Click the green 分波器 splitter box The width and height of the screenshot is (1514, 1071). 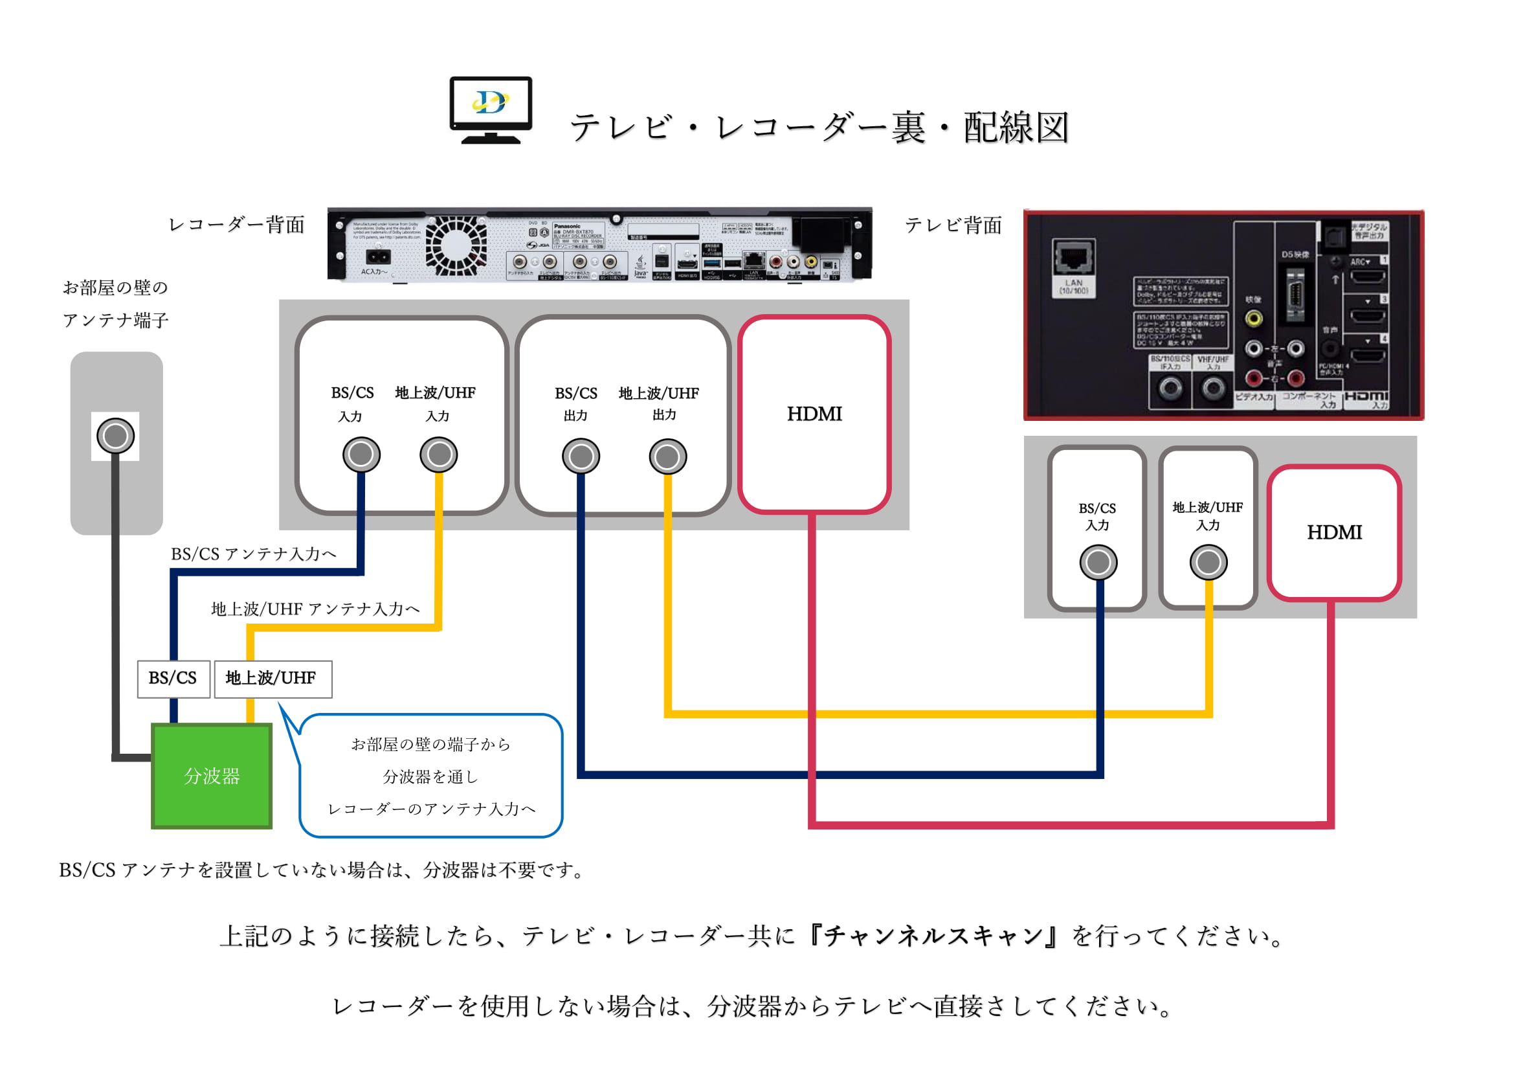pyautogui.click(x=212, y=776)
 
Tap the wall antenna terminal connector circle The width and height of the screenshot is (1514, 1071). pyautogui.click(x=115, y=436)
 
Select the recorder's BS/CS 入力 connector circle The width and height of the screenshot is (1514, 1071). pyautogui.click(x=361, y=455)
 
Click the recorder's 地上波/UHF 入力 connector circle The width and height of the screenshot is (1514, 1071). pyautogui.click(x=438, y=455)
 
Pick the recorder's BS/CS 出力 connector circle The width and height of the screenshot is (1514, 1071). pyautogui.click(x=580, y=457)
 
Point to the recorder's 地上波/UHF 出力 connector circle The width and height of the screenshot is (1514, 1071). pyautogui.click(x=667, y=457)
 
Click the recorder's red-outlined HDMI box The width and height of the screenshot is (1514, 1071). pyautogui.click(x=814, y=414)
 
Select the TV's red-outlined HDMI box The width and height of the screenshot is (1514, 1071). pyautogui.click(x=1334, y=532)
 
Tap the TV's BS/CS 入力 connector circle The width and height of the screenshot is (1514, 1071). pyautogui.click(x=1098, y=562)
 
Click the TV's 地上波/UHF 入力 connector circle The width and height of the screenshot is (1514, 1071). pyautogui.click(x=1208, y=562)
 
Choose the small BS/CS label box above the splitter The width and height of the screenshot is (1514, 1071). pyautogui.click(x=173, y=678)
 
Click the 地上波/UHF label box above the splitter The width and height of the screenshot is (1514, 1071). pyautogui.click(x=272, y=678)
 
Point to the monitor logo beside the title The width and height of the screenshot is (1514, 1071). pyautogui.click(x=491, y=109)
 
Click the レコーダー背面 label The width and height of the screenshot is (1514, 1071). pyautogui.click(x=237, y=225)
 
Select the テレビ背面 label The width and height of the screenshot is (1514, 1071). pyautogui.click(x=953, y=225)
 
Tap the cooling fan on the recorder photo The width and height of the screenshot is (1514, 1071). pyautogui.click(x=456, y=245)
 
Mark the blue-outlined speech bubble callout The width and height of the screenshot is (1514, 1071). pyautogui.click(x=430, y=776)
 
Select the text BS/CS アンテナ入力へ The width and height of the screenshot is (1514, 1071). pyautogui.click(x=254, y=554)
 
